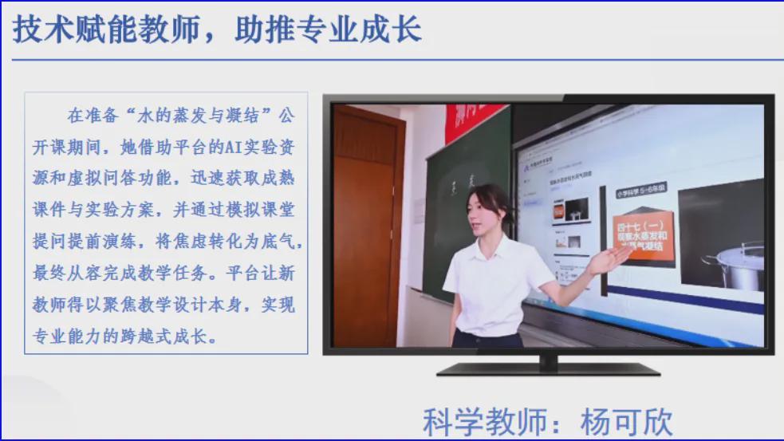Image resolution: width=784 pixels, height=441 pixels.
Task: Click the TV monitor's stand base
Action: [x=549, y=368]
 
